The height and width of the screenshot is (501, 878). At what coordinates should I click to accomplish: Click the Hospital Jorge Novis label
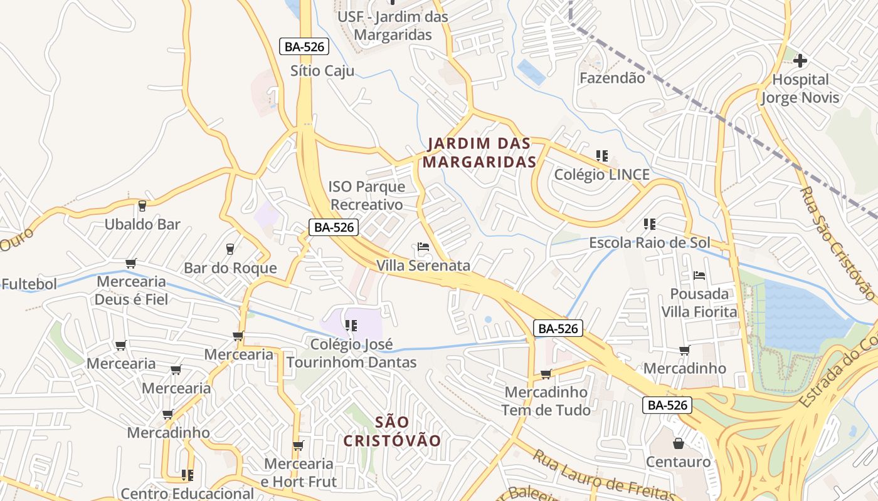point(800,89)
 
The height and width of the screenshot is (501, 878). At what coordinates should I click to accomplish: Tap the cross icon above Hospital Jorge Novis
point(800,61)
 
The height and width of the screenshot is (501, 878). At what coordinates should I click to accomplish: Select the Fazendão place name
point(611,78)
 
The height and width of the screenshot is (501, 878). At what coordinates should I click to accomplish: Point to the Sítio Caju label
point(322,71)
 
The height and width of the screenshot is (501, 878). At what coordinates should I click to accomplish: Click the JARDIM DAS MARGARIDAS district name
point(479,153)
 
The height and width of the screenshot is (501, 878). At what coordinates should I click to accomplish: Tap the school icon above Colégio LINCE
point(602,155)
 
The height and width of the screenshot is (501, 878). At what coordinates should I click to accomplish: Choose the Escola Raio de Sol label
point(649,242)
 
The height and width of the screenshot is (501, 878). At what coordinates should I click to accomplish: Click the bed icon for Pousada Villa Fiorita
point(699,276)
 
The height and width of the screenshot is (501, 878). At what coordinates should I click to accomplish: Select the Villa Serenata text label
point(423,266)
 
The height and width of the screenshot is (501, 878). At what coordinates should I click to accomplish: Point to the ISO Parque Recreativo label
point(367,195)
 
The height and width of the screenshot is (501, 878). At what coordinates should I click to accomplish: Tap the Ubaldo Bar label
point(142,224)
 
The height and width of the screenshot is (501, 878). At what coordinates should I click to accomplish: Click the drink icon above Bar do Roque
point(230,249)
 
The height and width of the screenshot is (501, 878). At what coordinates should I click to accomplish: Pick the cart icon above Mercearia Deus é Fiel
point(130,263)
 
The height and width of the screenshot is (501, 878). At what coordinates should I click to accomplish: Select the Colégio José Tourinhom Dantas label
point(351,353)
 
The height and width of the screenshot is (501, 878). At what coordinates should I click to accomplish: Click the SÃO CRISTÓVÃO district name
point(392,431)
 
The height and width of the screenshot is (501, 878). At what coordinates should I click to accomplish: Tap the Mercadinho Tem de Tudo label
point(547,401)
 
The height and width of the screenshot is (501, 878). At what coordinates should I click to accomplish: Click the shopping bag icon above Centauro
point(679,443)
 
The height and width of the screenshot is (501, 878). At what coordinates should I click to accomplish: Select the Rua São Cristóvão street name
point(837,244)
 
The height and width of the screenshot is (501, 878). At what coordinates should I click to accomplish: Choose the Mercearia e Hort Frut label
point(299,473)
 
